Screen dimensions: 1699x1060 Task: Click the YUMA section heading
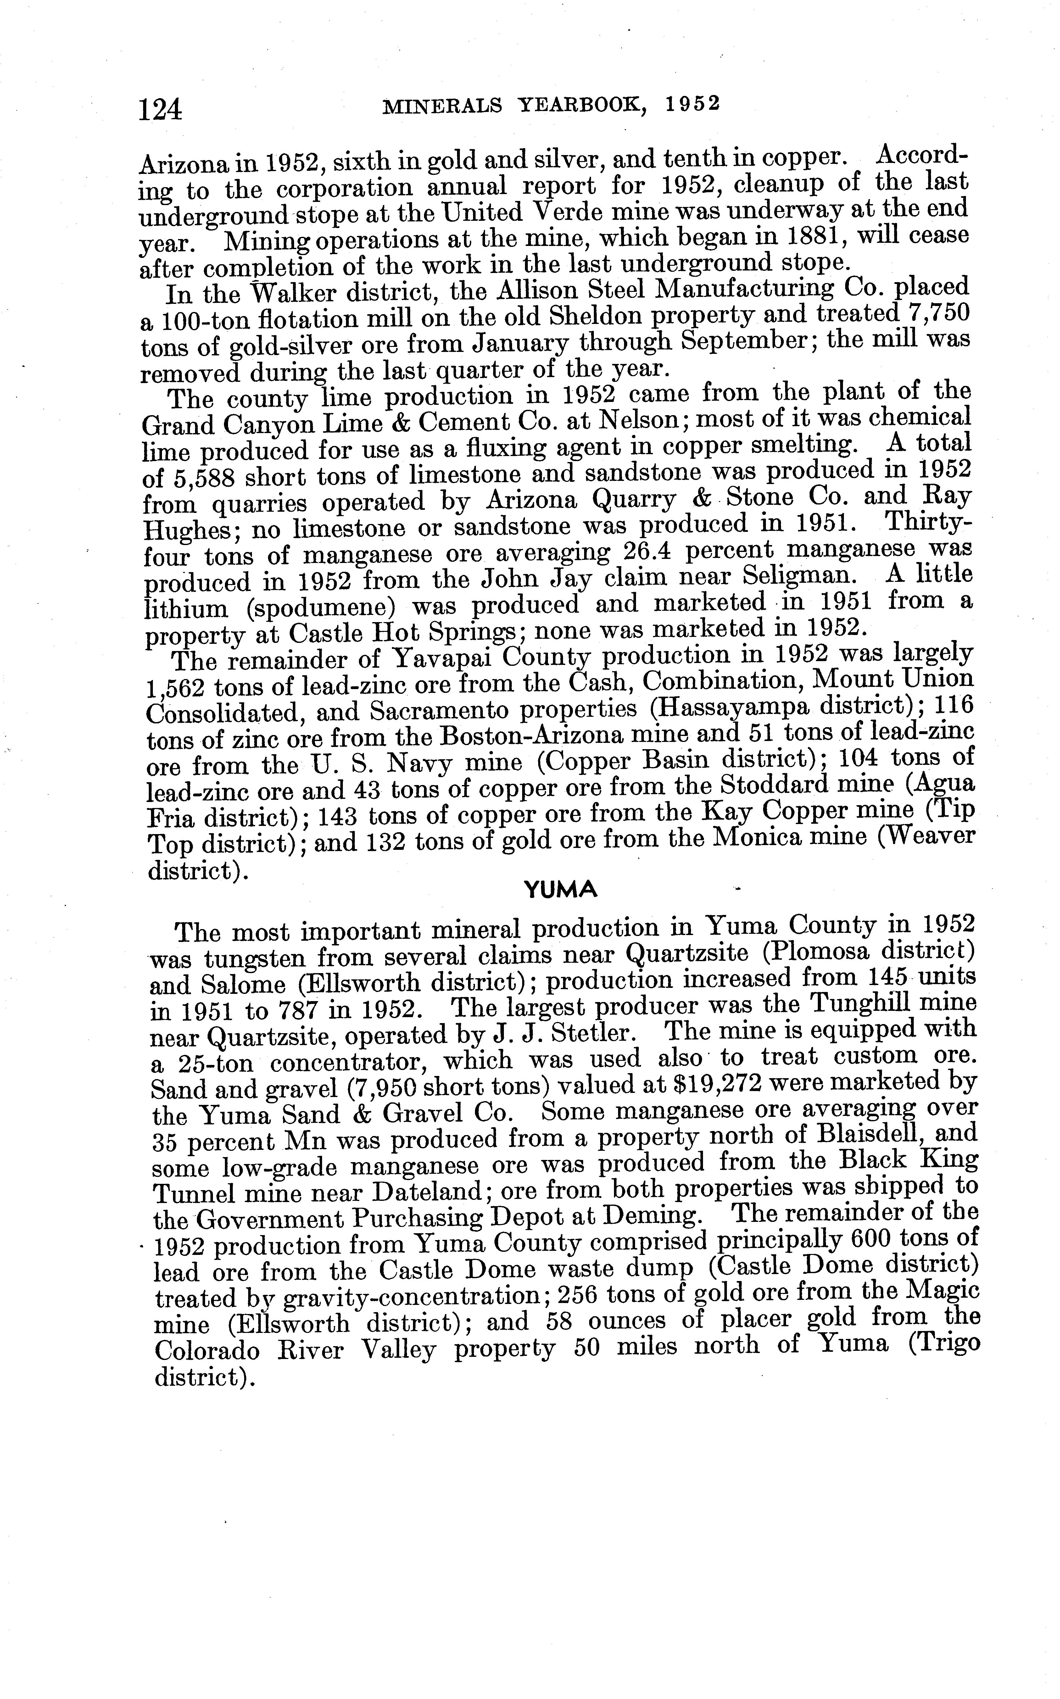[561, 890]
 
